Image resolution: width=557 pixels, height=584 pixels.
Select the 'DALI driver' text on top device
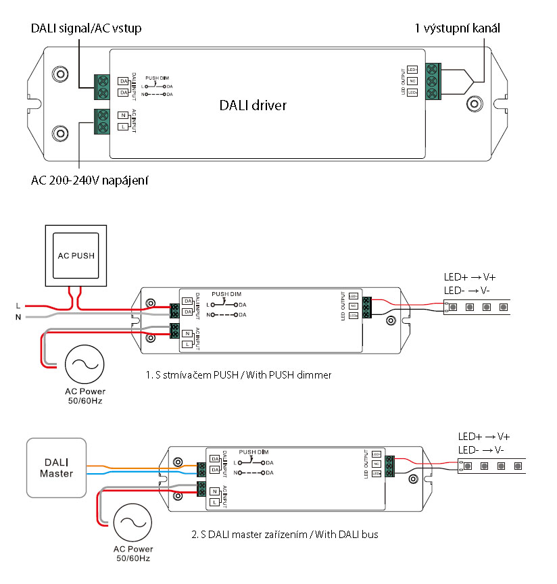[253, 105]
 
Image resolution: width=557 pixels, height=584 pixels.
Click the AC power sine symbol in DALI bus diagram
[132, 522]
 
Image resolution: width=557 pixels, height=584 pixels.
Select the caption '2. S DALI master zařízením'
[285, 534]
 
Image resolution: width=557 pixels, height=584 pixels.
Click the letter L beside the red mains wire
[18, 306]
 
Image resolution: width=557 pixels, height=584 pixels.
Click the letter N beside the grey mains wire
[18, 316]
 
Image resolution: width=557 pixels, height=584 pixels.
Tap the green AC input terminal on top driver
[103, 120]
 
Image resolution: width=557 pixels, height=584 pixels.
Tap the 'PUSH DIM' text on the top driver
[157, 78]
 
